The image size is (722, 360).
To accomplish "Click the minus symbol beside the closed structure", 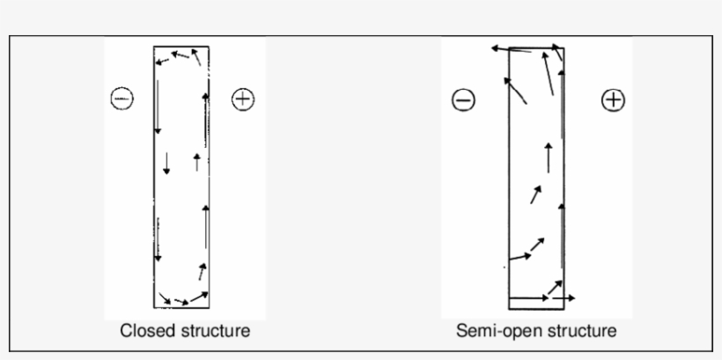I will (122, 98).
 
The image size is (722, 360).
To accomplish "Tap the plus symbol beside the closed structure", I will (242, 99).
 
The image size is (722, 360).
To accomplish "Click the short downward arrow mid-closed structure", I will (166, 162).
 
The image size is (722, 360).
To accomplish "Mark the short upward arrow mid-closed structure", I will (196, 161).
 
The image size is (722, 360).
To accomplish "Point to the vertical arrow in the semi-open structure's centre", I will (549, 157).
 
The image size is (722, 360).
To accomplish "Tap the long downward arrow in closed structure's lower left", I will (158, 239).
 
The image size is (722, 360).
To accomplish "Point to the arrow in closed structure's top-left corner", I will (163, 60).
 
